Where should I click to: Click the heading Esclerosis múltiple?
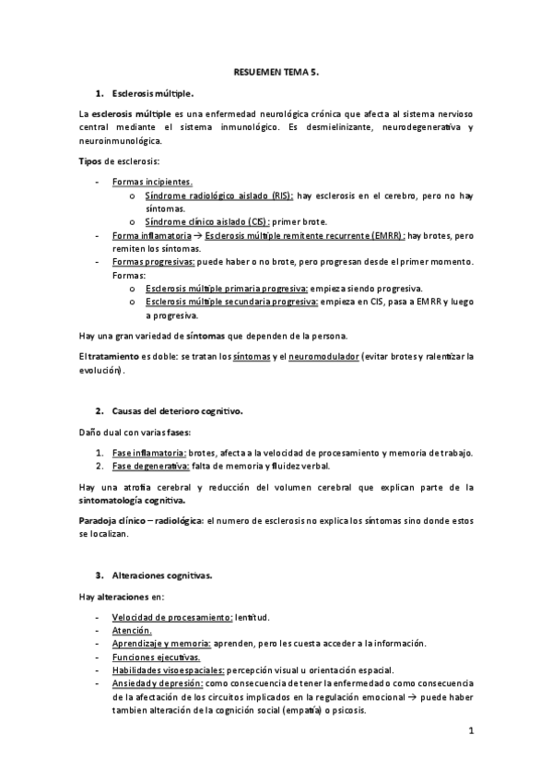152,94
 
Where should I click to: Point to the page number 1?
470,732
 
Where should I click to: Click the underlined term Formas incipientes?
152,183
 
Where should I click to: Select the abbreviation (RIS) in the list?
278,196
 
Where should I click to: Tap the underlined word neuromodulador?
323,355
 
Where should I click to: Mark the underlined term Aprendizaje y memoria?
161,643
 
